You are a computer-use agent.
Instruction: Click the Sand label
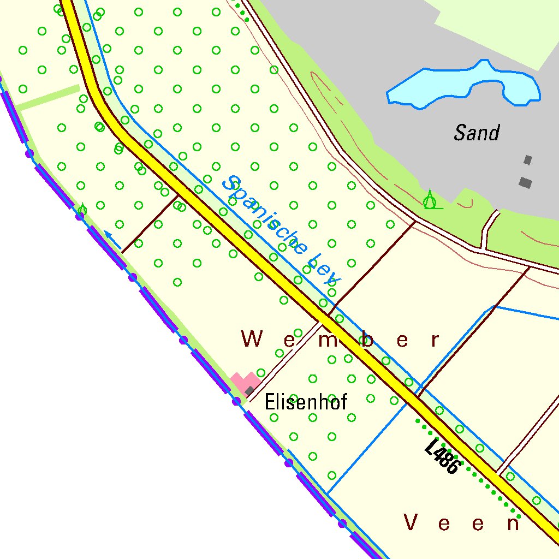[x=477, y=133]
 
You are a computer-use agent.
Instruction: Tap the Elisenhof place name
[x=306, y=403]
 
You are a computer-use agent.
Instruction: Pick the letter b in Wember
[x=368, y=340]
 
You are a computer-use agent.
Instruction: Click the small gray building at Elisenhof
[x=250, y=390]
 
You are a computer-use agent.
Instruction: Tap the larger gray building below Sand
[x=525, y=182]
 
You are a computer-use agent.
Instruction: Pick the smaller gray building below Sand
[x=527, y=160]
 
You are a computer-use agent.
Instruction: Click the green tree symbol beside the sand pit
[x=431, y=201]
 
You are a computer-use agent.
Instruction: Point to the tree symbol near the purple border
[x=82, y=209]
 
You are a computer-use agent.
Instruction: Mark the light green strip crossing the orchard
[x=49, y=97]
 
